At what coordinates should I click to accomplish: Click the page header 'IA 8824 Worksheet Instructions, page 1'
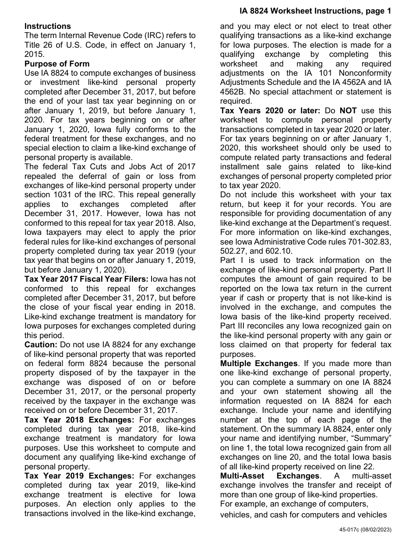315,11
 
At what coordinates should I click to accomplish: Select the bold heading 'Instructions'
48,26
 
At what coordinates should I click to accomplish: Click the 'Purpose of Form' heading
57,64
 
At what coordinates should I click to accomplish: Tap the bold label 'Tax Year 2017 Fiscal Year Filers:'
86,279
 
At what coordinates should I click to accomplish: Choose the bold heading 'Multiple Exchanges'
259,363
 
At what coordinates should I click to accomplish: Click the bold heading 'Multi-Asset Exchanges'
270,475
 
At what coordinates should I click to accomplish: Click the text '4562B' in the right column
231,92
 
